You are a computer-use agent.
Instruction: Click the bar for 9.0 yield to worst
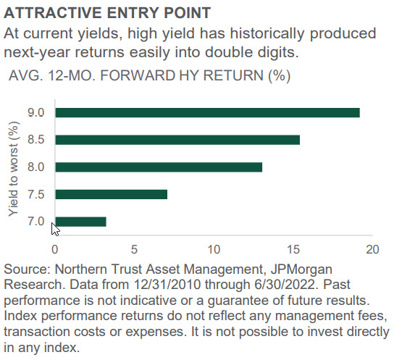[x=208, y=113]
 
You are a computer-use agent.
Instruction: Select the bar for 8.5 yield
[x=177, y=140]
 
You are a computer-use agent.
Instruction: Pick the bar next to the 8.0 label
[x=159, y=167]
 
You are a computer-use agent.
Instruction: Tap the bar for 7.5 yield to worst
[x=112, y=194]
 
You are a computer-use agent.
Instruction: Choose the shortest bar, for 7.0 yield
[x=81, y=222]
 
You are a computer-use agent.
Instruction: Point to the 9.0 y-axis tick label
[x=36, y=113]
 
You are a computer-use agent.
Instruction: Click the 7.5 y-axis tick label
[x=36, y=195]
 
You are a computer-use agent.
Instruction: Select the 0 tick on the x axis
[x=54, y=249]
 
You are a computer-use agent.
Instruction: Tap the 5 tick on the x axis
[x=134, y=249]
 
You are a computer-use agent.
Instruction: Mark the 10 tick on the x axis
[x=214, y=249]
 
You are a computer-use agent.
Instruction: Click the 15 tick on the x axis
[x=293, y=249]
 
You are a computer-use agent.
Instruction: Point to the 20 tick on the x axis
[x=372, y=249]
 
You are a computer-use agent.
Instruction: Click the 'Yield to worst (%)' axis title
[x=13, y=169]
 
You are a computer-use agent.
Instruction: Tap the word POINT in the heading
[x=187, y=12]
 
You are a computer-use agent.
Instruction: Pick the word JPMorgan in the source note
[x=301, y=269]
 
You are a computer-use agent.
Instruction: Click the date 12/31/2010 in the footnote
[x=167, y=285]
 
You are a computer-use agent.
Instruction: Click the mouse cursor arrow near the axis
[x=55, y=230]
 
